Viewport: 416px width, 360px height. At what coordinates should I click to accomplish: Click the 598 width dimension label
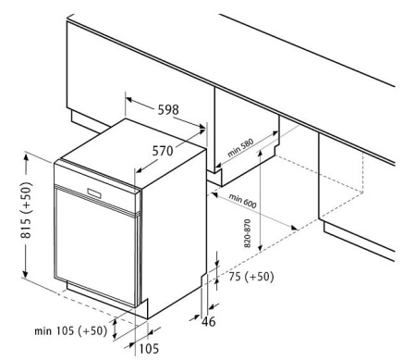tap(168, 109)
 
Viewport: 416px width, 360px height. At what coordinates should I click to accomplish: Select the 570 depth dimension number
tap(163, 151)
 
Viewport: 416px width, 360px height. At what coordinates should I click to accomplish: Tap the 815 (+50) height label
tap(26, 210)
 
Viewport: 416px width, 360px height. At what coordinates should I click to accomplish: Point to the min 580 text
tap(240, 148)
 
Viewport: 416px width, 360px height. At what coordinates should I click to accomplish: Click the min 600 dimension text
tap(242, 201)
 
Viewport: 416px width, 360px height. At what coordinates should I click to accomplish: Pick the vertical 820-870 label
tap(248, 233)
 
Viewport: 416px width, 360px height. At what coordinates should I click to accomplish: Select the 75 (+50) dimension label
tap(251, 277)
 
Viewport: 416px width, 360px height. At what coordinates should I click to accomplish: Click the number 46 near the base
tap(209, 322)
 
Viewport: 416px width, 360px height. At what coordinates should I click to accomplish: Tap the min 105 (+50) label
tap(71, 331)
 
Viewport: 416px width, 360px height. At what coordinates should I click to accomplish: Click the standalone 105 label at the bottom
tap(149, 349)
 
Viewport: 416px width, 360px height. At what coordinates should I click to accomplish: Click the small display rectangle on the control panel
tap(94, 193)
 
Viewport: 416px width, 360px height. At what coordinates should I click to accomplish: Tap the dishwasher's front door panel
tap(95, 247)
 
